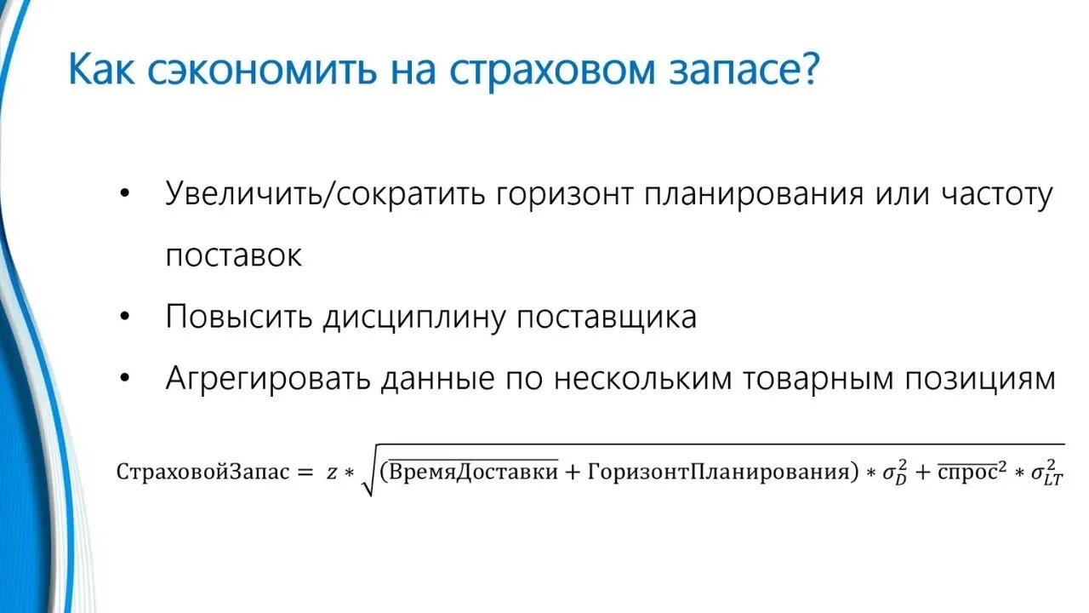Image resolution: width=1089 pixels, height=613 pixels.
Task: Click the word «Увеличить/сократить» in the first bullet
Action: pyautogui.click(x=328, y=194)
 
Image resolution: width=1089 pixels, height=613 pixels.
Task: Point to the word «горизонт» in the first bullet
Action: pyautogui.click(x=565, y=196)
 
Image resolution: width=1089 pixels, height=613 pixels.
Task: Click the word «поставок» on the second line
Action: pyautogui.click(x=233, y=255)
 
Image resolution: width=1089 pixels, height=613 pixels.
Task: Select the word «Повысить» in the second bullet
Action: pyautogui.click(x=239, y=317)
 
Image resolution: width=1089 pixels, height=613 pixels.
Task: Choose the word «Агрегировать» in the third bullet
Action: pyautogui.click(x=268, y=379)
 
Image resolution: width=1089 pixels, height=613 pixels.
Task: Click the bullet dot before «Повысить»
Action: pyautogui.click(x=126, y=317)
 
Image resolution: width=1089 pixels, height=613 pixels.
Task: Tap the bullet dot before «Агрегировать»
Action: pyautogui.click(x=126, y=378)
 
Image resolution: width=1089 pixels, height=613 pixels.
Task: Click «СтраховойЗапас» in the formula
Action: pyautogui.click(x=203, y=472)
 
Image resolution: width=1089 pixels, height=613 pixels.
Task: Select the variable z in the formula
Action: pyautogui.click(x=332, y=473)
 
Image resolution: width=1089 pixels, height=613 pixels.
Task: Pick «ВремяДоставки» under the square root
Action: pyautogui.click(x=473, y=471)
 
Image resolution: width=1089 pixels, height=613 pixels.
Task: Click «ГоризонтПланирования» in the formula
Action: pyautogui.click(x=719, y=472)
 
